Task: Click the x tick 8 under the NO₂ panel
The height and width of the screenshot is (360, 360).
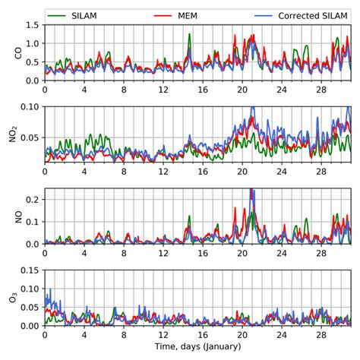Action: click(123, 171)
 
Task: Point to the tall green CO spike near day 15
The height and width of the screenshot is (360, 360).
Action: click(189, 36)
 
